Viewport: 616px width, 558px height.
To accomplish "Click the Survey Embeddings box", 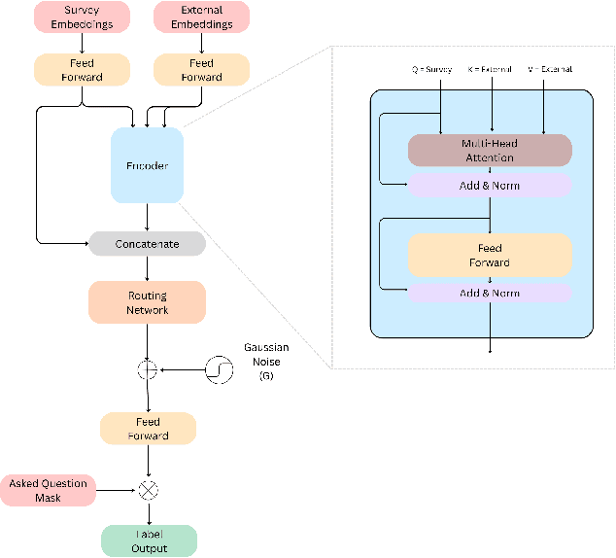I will click(x=82, y=17).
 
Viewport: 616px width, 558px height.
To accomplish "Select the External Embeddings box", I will click(x=201, y=17).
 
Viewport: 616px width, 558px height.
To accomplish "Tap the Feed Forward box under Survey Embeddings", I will click(x=82, y=69).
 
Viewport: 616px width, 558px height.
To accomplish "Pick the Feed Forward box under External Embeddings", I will click(x=201, y=69).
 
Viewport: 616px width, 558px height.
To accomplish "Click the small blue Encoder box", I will click(x=147, y=165).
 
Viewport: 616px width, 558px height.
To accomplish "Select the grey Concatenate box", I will click(x=147, y=243).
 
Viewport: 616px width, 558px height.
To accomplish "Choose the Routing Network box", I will click(x=147, y=302).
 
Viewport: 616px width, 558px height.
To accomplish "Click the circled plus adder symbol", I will click(x=147, y=369).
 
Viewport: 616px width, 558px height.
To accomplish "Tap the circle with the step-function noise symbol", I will click(x=219, y=369).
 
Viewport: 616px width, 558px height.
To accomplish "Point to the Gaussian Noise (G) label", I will click(x=265, y=362).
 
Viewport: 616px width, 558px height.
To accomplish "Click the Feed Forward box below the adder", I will click(x=147, y=429).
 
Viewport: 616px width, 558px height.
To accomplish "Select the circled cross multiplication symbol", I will click(x=147, y=491).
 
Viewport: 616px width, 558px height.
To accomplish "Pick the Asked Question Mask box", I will click(x=49, y=491).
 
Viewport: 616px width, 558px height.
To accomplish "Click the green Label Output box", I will click(x=148, y=541).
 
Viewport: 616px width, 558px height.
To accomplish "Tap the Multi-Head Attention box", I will click(x=490, y=150).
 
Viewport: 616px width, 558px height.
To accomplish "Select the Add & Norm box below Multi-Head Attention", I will click(x=490, y=185).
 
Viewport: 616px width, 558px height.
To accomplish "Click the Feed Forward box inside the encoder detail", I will click(x=490, y=255).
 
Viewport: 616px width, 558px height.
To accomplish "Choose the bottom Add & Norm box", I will click(x=490, y=293).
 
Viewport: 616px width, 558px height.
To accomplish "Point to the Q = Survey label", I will click(x=432, y=70).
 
